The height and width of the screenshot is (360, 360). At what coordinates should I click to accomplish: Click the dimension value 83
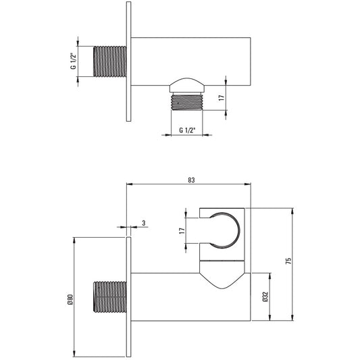[191, 180]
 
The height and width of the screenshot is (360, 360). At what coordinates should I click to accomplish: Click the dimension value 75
[288, 261]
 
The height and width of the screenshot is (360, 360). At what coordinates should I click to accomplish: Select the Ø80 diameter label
[70, 299]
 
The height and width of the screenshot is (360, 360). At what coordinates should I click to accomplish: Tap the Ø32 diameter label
[265, 297]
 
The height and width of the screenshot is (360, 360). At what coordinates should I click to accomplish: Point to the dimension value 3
[144, 223]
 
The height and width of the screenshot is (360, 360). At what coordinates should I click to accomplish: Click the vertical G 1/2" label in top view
[73, 61]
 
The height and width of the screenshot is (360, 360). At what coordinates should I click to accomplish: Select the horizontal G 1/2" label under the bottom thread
[187, 130]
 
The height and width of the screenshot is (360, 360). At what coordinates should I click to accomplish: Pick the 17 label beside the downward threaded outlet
[221, 98]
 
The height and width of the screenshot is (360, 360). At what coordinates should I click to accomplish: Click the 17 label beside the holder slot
[182, 230]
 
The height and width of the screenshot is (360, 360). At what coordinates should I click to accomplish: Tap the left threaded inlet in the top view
[110, 61]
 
